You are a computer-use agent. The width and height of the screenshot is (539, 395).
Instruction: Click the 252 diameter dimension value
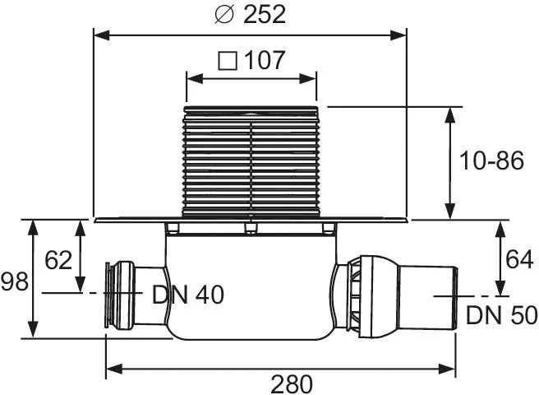265,14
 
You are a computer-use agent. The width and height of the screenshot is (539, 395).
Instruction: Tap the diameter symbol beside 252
224,15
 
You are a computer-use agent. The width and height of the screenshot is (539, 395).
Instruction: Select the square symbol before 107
228,61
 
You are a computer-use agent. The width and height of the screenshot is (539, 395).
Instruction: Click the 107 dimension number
265,61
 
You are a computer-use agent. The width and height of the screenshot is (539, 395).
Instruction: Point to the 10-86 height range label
491,160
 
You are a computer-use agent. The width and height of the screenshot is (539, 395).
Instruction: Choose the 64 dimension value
519,259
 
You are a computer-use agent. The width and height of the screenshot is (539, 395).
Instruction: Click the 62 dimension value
58,260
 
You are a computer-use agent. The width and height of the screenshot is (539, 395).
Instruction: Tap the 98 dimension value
15,281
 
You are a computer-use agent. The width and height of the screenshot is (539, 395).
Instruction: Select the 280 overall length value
292,384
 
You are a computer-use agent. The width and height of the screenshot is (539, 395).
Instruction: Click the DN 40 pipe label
188,295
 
